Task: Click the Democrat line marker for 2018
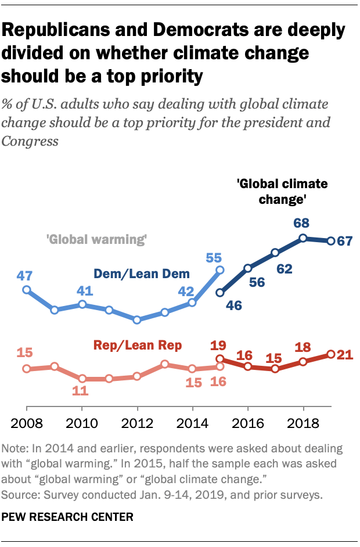[x=303, y=237]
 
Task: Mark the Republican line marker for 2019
[x=330, y=354]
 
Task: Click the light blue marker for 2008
[x=26, y=290]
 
